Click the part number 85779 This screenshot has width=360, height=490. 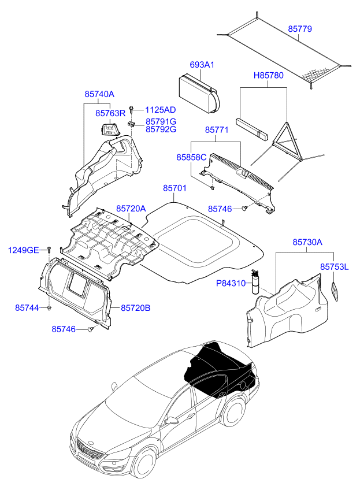[x=300, y=29]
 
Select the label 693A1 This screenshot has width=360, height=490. [x=202, y=65]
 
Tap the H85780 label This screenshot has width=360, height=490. [x=269, y=75]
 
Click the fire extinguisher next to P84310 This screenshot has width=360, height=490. [x=255, y=282]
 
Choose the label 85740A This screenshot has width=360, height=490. [x=99, y=94]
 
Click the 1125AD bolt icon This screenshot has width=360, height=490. [x=131, y=110]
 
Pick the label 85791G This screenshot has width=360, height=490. [x=161, y=121]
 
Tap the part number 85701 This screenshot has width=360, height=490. [x=175, y=188]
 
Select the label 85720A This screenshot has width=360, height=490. [x=131, y=209]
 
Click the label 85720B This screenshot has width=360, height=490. [x=136, y=308]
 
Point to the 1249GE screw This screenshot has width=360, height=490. [x=49, y=249]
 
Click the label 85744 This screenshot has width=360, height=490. [x=27, y=308]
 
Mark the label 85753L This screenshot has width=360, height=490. [x=334, y=267]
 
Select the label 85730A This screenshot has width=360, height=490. [x=307, y=242]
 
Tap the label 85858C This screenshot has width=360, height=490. [x=191, y=157]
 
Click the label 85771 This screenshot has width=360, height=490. [x=217, y=130]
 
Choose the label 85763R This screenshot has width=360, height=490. [x=110, y=113]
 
